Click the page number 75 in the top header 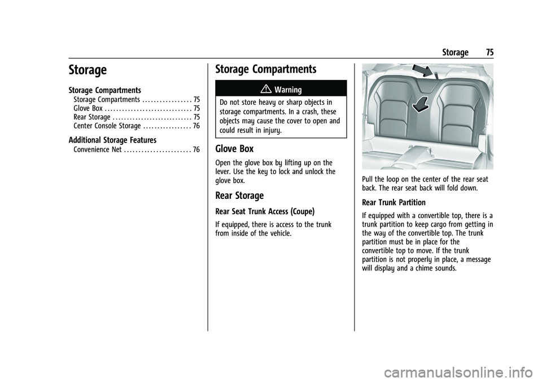tap(489, 52)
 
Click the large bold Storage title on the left tap(88, 70)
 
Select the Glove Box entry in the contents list tap(88, 108)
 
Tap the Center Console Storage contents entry tap(107, 126)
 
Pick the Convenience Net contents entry tap(98, 150)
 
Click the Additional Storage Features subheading tap(112, 140)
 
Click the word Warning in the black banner tap(288, 90)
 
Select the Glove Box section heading tap(234, 149)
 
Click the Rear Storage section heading tap(239, 196)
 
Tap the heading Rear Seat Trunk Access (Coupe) tap(265, 211)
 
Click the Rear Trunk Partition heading tap(394, 203)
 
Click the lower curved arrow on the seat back tap(420, 105)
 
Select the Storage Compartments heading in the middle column tap(266, 69)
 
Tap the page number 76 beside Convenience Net tap(196, 150)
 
